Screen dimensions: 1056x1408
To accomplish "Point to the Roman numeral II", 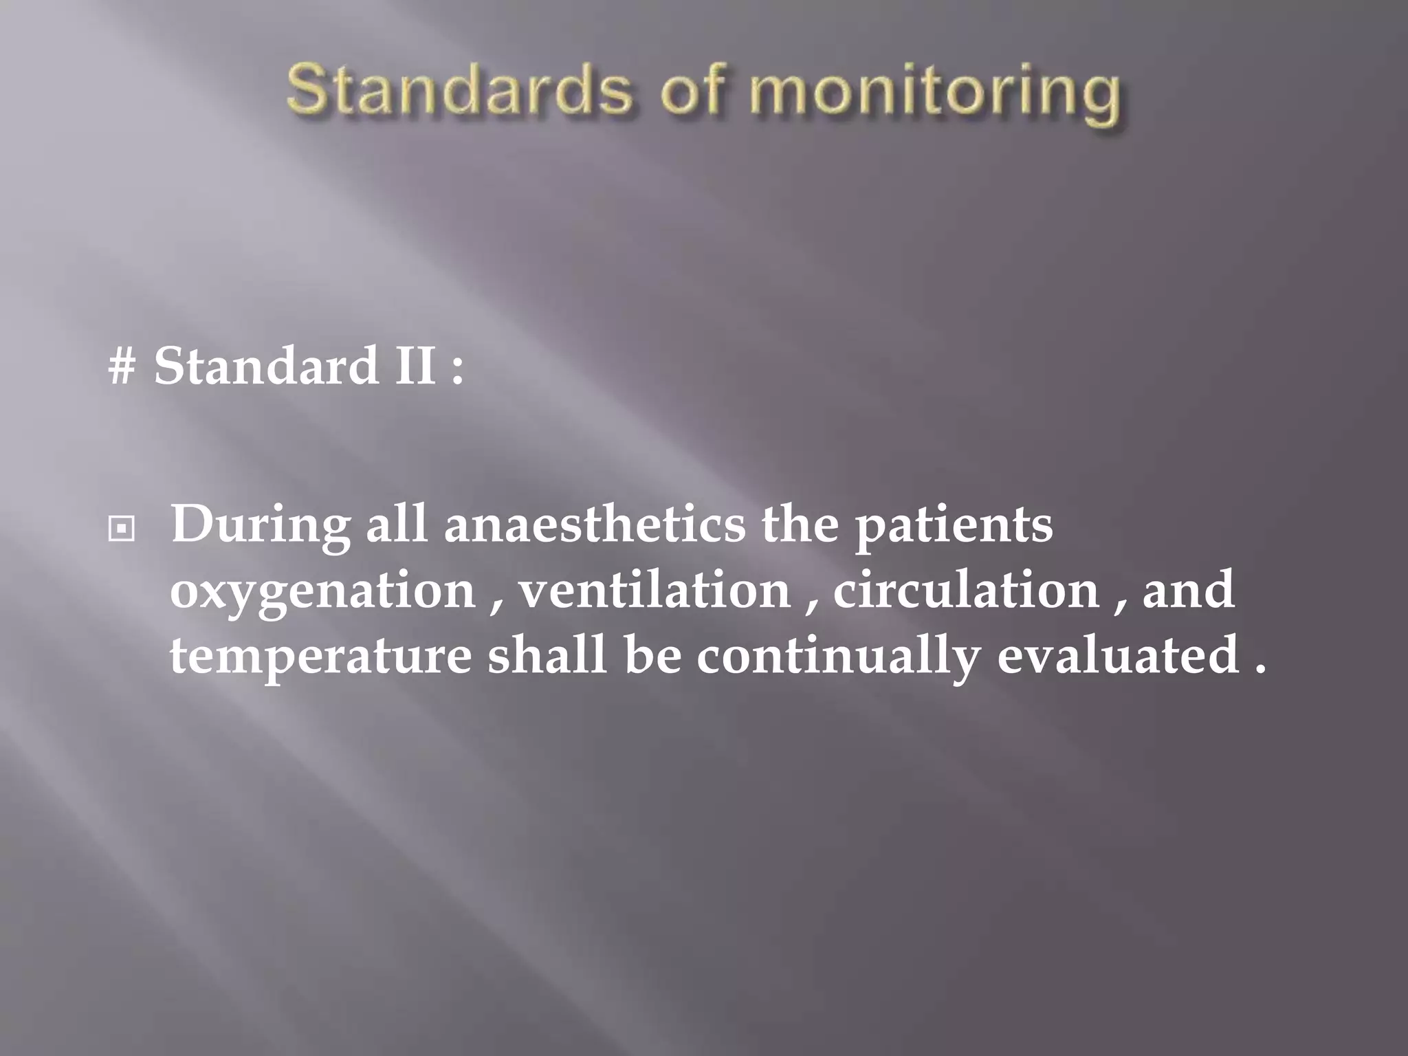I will [x=415, y=366].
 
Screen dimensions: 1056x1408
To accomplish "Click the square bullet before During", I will [x=121, y=529].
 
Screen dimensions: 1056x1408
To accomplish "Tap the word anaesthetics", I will [x=595, y=524].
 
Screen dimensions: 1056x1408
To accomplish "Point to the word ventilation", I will [x=654, y=590].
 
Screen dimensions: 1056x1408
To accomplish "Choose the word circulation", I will [x=966, y=590].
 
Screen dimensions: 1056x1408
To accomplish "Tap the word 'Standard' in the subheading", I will [x=265, y=366].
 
